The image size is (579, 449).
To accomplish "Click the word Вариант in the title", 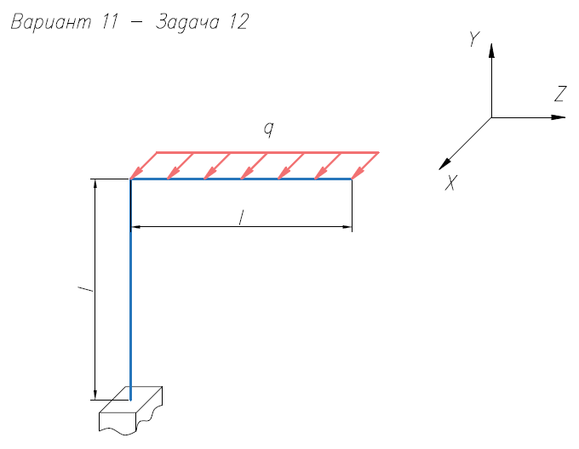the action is click(51, 22).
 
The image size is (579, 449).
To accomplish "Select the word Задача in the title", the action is click(187, 22).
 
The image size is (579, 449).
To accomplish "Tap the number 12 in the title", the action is click(239, 21).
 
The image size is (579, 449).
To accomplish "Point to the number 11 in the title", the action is click(110, 21).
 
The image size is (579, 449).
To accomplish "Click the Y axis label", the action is click(473, 39).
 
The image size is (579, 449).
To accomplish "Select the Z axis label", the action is click(560, 94).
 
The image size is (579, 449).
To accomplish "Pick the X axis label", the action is click(451, 183).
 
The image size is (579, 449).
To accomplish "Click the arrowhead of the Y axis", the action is click(491, 50).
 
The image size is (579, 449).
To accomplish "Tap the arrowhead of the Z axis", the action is click(559, 117).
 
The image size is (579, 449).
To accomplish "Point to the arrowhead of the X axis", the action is click(444, 164).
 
